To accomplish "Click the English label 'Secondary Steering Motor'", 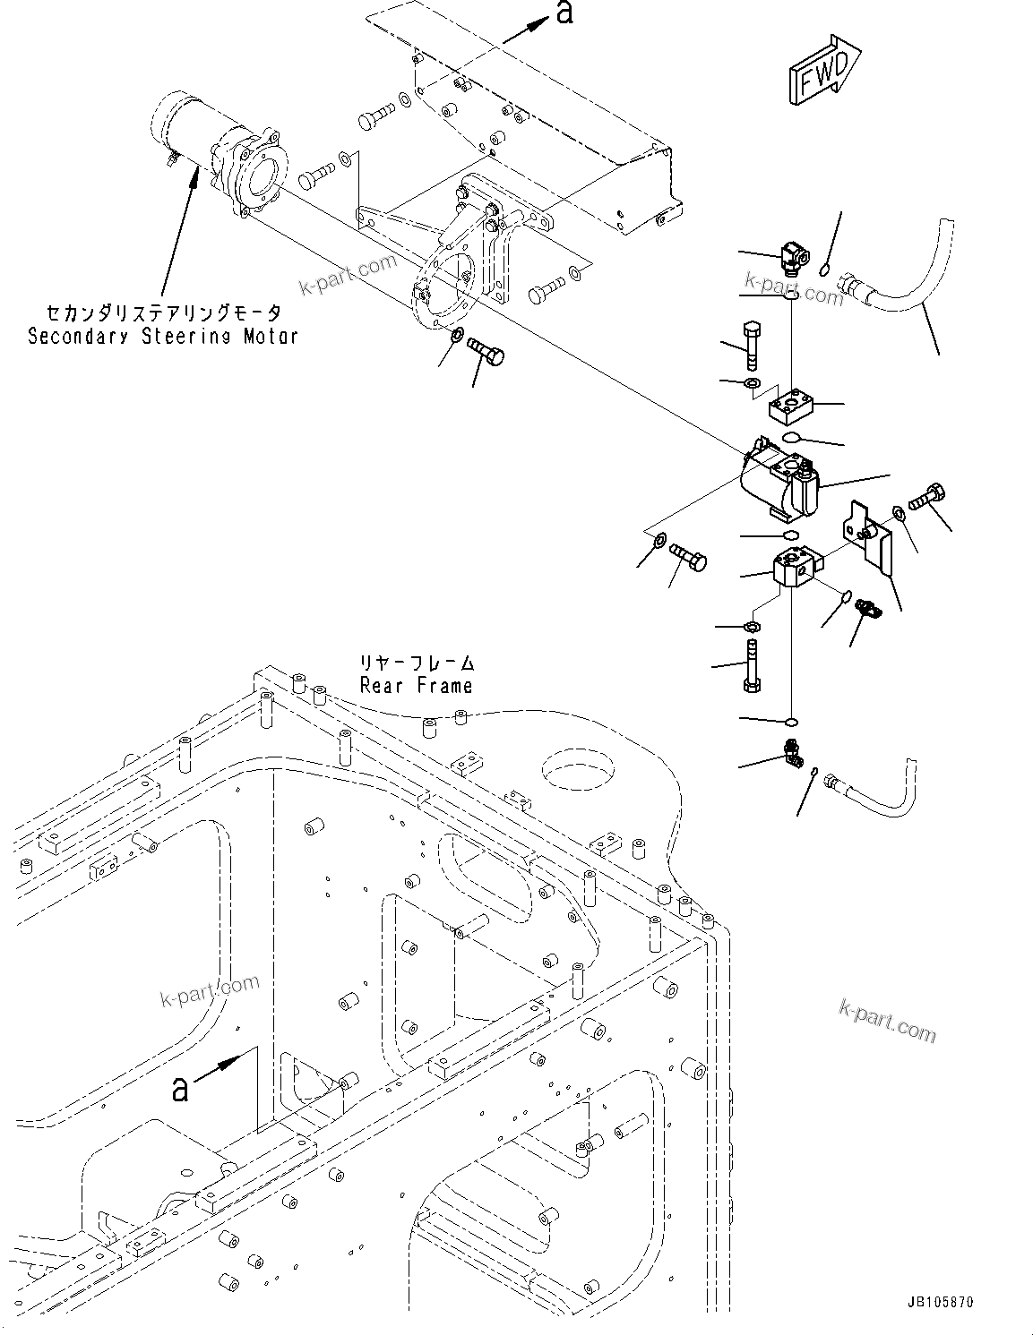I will click(x=163, y=337).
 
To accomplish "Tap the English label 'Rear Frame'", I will click(x=416, y=686).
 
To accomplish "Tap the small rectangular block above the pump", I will click(x=792, y=407).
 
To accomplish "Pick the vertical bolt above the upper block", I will click(x=752, y=344).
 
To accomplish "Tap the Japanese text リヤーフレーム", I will click(x=417, y=663).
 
